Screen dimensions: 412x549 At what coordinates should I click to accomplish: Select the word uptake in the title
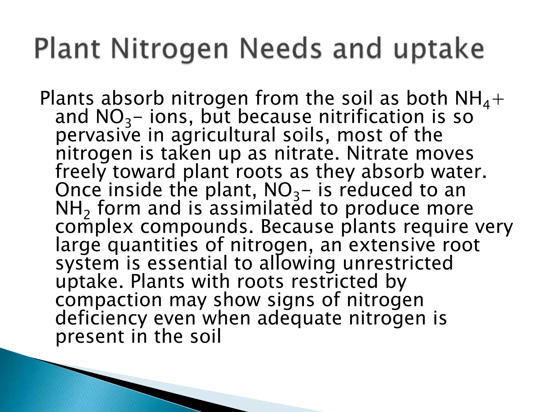pos(439,50)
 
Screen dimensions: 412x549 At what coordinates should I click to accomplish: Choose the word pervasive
pos(98,135)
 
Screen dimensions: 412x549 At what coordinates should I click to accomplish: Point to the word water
pos(459,172)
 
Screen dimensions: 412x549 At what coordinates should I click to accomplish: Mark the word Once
pos(79,190)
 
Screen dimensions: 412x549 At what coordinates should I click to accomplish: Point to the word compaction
pos(109,300)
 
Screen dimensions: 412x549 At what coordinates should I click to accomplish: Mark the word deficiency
pos(102,318)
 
